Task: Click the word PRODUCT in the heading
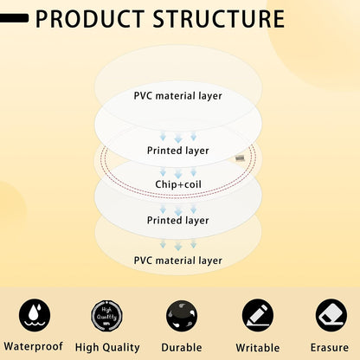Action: pos(90,19)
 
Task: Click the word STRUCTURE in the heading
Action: pos(218,19)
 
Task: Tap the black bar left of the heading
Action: pos(14,18)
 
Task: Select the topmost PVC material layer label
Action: pos(178,96)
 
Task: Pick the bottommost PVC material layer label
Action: pos(178,260)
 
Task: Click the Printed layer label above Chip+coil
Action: pos(178,151)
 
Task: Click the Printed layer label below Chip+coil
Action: pos(178,221)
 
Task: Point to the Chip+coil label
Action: pos(178,184)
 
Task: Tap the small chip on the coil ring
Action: pos(240,158)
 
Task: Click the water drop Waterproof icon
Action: pos(35,315)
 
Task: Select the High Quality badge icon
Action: pos(107,316)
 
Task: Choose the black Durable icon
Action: pos(182,316)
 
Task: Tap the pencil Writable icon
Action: pos(258,315)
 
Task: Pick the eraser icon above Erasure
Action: pos(331,315)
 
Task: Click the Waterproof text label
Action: pos(34,346)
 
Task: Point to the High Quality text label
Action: pos(107,348)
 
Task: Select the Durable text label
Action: pos(182,347)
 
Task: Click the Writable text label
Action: pos(258,348)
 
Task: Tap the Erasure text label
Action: pos(330,347)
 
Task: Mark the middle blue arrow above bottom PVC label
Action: pos(178,246)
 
